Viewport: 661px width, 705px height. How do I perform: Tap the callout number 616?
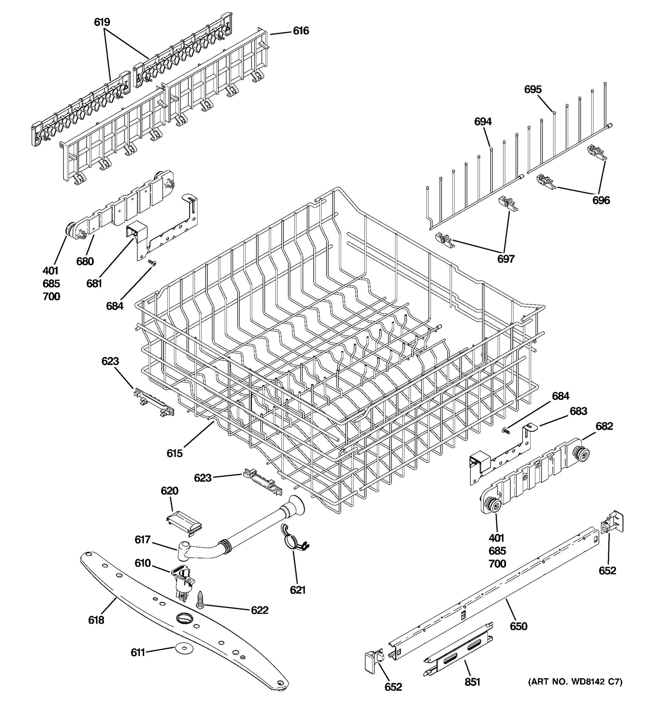pos(301,31)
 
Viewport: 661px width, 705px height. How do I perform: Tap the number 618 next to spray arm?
pos(96,620)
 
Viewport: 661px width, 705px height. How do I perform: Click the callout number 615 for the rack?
pos(175,453)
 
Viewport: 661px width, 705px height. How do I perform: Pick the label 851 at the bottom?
pos(472,682)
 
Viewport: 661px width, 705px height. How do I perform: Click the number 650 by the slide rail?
pos(519,626)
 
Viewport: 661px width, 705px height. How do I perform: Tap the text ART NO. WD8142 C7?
pos(575,681)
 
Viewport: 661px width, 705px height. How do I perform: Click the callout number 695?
pos(533,89)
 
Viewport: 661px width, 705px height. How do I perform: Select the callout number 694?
pos(483,122)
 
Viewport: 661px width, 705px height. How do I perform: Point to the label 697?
pos(505,259)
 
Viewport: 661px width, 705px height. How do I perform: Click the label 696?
pos(601,200)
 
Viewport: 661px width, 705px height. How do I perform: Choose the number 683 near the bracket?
pos(578,411)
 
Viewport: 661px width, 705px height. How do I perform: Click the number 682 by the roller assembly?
pos(604,426)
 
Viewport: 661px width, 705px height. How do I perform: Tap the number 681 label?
pos(94,283)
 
